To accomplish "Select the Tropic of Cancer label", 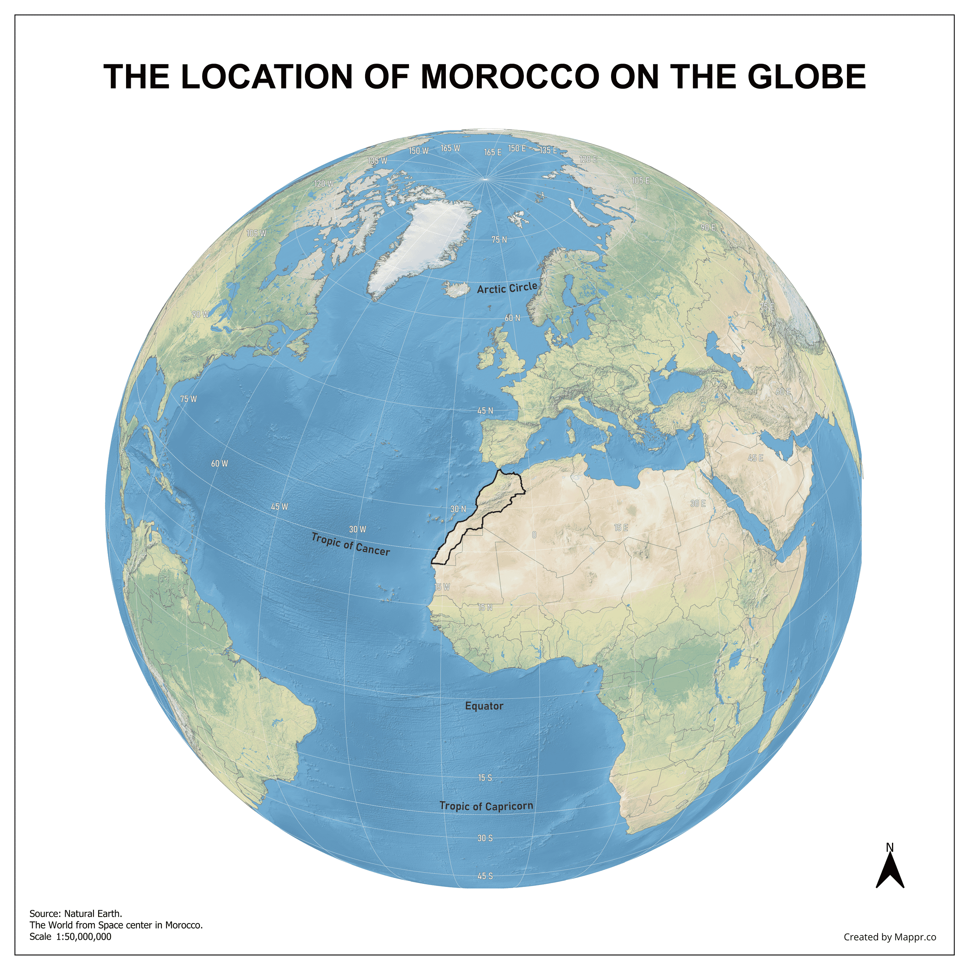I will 350,544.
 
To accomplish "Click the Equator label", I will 484,706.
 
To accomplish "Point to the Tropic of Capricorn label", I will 486,806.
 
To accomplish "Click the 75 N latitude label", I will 499,240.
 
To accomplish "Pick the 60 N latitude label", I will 512,318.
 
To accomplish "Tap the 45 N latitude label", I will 485,411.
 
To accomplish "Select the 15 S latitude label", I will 485,778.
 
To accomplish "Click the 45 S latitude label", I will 485,876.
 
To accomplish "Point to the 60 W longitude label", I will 219,463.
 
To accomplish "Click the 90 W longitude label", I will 200,314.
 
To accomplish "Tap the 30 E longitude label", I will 697,503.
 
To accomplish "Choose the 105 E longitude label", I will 640,181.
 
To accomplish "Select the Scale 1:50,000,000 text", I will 70,936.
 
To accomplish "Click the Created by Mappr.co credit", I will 890,937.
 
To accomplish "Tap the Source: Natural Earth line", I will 76,913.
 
